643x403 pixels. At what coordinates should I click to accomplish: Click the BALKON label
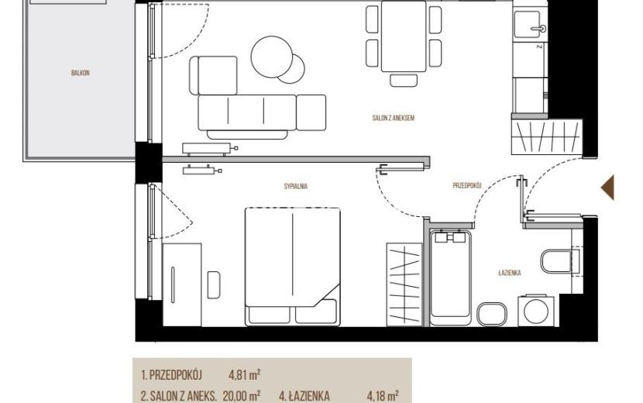pyautogui.click(x=81, y=73)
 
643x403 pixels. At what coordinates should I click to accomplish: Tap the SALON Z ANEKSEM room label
pyautogui.click(x=394, y=118)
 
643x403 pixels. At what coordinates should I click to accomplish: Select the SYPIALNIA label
pyautogui.click(x=296, y=186)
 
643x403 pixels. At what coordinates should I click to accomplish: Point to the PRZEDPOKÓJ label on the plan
pyautogui.click(x=467, y=185)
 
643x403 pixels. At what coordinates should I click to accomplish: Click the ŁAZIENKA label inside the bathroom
pyautogui.click(x=510, y=273)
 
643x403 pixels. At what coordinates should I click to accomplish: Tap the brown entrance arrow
pyautogui.click(x=607, y=188)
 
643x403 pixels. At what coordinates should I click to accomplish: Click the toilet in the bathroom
pyautogui.click(x=560, y=261)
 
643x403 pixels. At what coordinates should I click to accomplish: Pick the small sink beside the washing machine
pyautogui.click(x=492, y=314)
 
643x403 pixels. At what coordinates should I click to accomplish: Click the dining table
pyautogui.click(x=404, y=36)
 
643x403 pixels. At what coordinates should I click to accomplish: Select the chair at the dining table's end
pyautogui.click(x=404, y=81)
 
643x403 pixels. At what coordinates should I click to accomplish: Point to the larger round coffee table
pyautogui.click(x=272, y=57)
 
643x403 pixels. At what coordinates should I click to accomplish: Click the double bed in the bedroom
pyautogui.click(x=293, y=267)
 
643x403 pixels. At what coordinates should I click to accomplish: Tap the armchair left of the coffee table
pyautogui.click(x=213, y=75)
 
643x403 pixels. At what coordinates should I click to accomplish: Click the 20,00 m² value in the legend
pyautogui.click(x=242, y=396)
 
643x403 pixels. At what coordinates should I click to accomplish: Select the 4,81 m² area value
pyautogui.click(x=244, y=374)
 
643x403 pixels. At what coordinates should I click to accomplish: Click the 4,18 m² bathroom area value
pyautogui.click(x=383, y=396)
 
